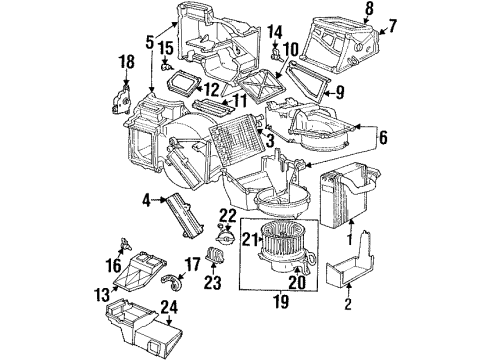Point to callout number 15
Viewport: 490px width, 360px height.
[x=167, y=49]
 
